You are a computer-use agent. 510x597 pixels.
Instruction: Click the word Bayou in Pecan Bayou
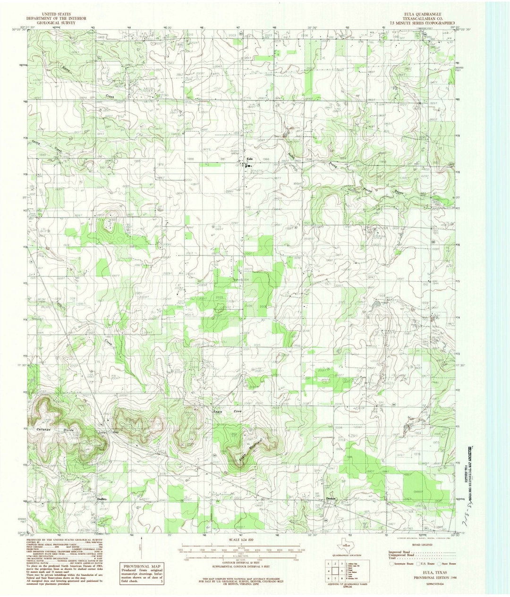coord(400,194)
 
